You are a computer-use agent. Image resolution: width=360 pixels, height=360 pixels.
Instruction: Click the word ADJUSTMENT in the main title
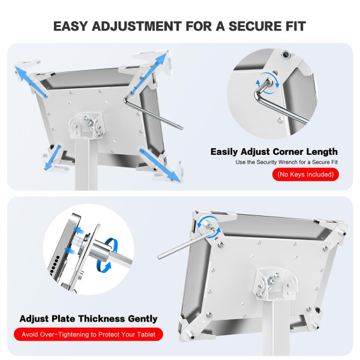pos(137,26)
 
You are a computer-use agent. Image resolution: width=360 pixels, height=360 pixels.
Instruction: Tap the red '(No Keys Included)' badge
pos(305,175)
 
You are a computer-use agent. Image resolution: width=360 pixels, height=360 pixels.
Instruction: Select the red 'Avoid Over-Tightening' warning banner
pos(88,334)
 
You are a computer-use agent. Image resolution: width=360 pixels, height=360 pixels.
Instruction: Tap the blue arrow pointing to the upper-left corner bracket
pos(31,81)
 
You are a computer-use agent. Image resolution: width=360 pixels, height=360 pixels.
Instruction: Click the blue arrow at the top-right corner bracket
pos(149,73)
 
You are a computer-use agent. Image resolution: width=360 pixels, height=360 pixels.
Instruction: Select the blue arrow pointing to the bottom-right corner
pos(160,166)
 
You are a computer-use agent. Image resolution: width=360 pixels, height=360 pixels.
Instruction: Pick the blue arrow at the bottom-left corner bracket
pos(53,157)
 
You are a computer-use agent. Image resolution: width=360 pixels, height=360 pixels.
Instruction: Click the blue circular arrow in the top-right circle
pos(268,83)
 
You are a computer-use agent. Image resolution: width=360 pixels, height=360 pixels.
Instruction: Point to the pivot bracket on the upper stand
pos(86,125)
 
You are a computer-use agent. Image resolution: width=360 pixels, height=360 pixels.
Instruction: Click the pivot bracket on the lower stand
pos(273,284)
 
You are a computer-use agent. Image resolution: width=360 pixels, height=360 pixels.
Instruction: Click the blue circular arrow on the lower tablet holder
pos(209,227)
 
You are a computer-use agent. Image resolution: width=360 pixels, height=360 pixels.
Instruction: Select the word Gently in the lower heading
pos(142,319)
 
